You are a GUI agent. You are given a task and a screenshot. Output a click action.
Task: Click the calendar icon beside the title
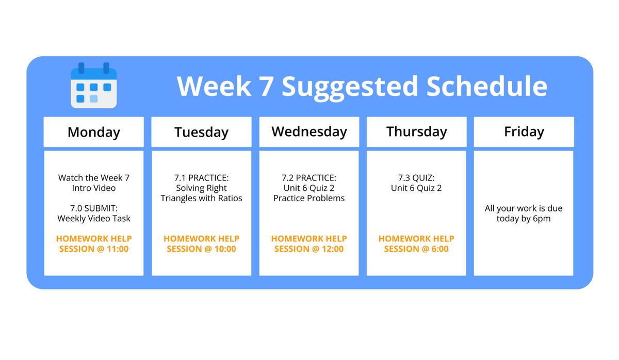pos(94,86)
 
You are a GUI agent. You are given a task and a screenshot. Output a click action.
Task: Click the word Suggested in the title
pos(350,87)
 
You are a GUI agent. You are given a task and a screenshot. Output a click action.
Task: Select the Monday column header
pos(94,132)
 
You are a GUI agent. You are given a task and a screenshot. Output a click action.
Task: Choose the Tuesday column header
pos(202,132)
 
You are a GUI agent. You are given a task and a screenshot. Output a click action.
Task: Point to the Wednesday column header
pos(309,132)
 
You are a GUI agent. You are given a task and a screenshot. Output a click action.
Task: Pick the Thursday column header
pos(416,132)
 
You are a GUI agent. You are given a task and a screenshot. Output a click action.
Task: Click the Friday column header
pos(524,132)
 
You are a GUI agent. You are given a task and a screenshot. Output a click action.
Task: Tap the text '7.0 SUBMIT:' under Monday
pos(94,208)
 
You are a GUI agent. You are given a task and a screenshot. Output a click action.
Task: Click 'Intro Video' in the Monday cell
pos(94,188)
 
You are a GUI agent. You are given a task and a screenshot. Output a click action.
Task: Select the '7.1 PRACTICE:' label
pos(202,177)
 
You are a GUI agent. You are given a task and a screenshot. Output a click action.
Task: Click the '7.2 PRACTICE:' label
pos(309,177)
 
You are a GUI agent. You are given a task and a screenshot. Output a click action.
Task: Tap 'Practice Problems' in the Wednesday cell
pos(309,198)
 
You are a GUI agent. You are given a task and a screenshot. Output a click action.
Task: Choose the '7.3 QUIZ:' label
pos(416,177)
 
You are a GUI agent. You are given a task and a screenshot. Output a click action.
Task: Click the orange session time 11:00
pos(118,249)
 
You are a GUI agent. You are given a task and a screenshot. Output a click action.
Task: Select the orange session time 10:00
pos(225,249)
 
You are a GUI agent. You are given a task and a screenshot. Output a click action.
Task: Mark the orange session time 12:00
pos(333,249)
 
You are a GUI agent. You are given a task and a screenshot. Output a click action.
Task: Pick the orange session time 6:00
pos(440,249)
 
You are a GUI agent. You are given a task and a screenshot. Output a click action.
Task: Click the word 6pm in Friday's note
pos(542,219)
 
